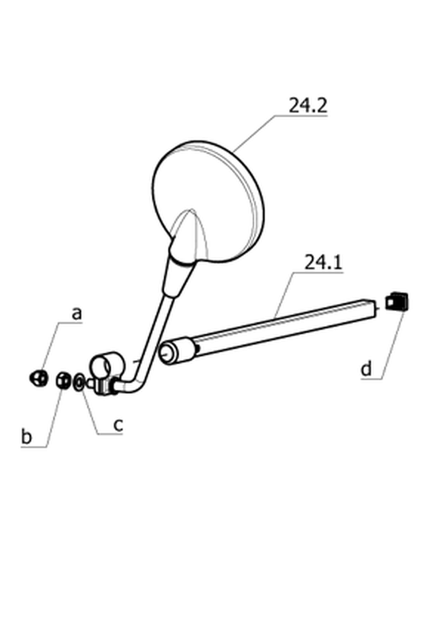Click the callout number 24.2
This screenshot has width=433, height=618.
coord(307,106)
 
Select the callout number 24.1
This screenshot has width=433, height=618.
coord(323,262)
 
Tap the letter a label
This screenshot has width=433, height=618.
coord(78,313)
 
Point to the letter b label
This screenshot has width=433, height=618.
coord(26,437)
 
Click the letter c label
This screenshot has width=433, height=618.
coord(118,425)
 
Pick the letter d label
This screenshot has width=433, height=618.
coord(366,369)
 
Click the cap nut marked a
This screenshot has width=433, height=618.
coord(38,378)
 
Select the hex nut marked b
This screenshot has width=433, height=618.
coord(63,381)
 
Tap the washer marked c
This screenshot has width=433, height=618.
coord(79,382)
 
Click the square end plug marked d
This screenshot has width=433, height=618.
coord(396,302)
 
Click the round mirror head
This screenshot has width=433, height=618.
coord(208,202)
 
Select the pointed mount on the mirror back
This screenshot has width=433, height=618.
coord(189,237)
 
